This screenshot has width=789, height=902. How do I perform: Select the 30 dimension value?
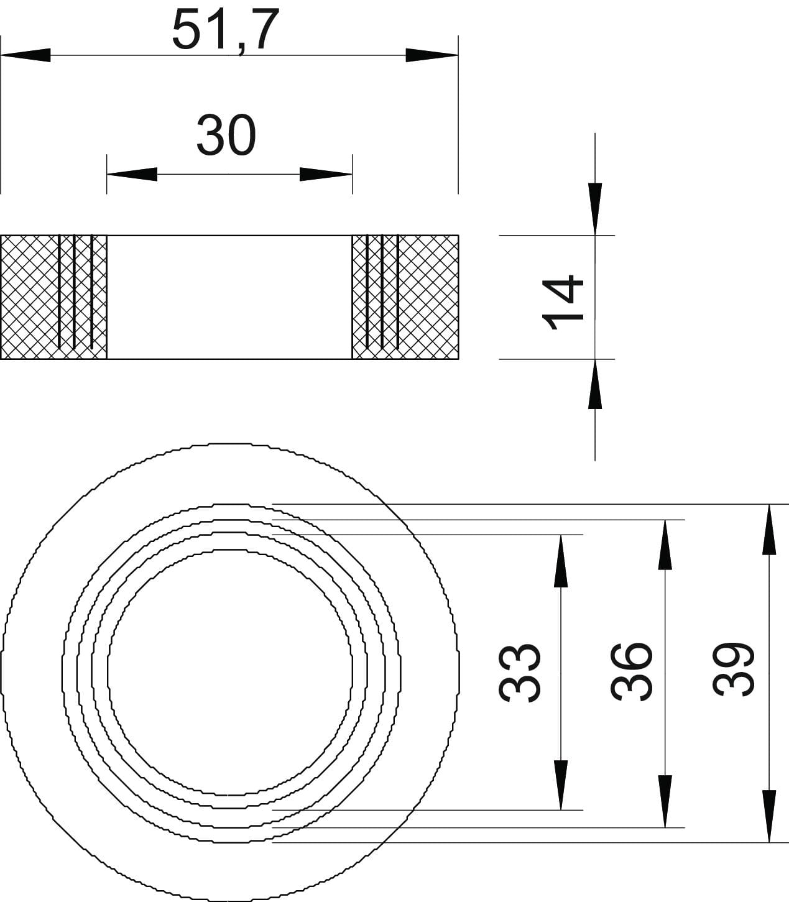pos(226,135)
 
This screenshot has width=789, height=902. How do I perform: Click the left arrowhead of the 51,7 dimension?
pos(25,55)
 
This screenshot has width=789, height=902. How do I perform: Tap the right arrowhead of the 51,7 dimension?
pos(432,55)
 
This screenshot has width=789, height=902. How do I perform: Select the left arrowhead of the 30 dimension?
pos(132,174)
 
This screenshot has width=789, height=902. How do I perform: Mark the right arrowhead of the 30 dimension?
pos(326,174)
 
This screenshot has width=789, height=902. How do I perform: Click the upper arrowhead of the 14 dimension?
pos(595,209)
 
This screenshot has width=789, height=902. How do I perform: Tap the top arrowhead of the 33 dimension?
pos(561,561)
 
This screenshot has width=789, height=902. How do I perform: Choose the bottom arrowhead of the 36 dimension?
pos(665,801)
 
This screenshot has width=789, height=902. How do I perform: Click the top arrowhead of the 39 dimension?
pos(769,529)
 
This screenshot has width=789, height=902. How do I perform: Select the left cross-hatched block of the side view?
pos(53,297)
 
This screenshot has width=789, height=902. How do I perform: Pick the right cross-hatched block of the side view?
pos(405,297)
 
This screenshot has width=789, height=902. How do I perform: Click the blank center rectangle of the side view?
pos(229,297)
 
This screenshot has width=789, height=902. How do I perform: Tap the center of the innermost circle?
pos(230,672)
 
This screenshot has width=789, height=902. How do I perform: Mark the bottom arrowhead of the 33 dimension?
pos(561,785)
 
